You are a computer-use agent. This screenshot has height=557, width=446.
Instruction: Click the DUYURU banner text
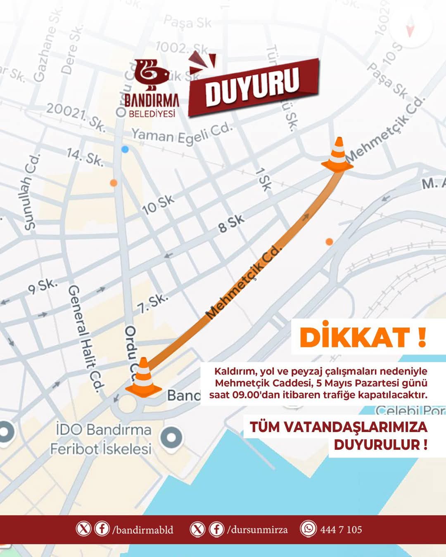[253, 87]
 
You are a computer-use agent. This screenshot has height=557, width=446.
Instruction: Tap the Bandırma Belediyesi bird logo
[152, 75]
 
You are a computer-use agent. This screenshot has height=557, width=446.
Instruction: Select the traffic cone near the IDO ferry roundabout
[143, 379]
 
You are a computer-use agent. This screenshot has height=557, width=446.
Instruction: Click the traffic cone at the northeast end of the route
[338, 154]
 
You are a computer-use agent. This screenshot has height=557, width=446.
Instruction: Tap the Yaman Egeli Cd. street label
[182, 134]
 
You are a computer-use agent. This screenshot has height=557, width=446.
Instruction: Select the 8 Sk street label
[231, 223]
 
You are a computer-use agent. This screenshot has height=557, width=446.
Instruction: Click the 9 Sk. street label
[43, 286]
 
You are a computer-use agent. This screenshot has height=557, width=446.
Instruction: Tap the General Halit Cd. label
[85, 338]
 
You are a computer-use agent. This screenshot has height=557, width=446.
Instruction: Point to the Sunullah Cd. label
[31, 192]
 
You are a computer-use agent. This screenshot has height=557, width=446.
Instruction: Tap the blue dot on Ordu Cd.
[125, 149]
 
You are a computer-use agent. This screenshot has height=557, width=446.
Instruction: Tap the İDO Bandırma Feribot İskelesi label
[101, 439]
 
